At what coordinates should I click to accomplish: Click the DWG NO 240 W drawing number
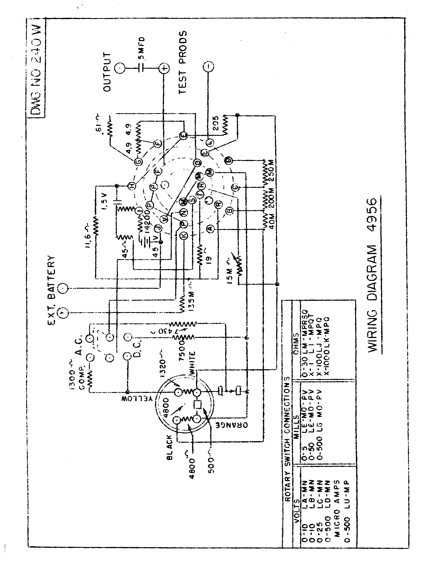[x=36, y=70]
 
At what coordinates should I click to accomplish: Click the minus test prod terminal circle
[x=208, y=67]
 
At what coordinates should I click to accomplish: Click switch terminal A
[x=210, y=228]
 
